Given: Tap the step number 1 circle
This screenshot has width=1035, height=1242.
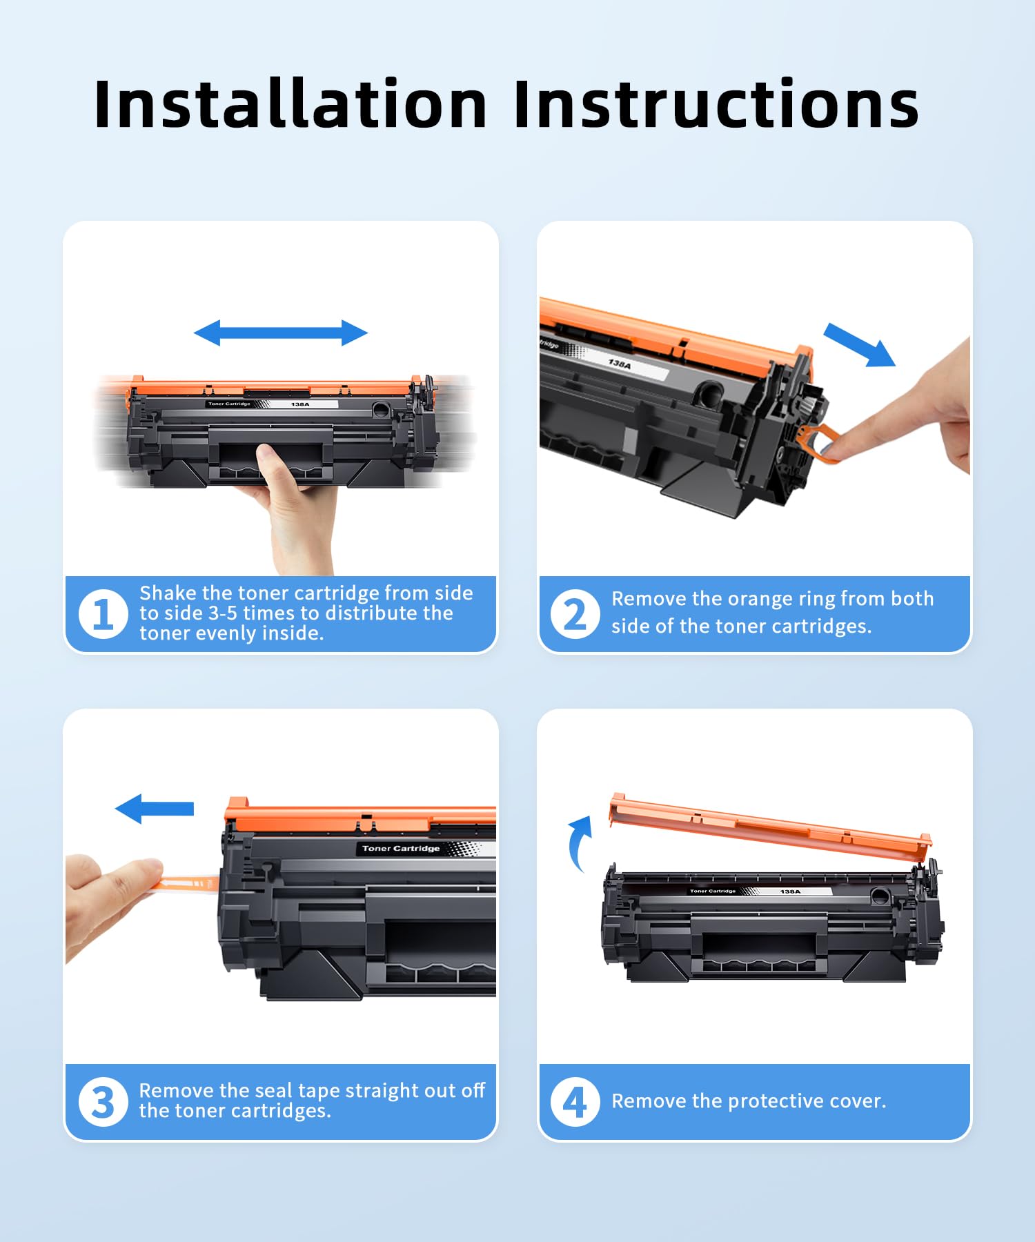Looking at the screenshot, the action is pyautogui.click(x=103, y=613).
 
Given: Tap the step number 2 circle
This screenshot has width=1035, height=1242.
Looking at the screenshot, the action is pyautogui.click(x=575, y=613).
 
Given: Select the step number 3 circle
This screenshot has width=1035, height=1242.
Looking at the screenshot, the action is pyautogui.click(x=103, y=1101).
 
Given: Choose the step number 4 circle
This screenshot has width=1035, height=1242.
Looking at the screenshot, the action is pyautogui.click(x=575, y=1101).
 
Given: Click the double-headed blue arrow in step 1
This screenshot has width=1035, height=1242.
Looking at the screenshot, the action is pyautogui.click(x=281, y=333).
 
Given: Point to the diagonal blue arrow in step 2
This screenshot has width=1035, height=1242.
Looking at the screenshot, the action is pyautogui.click(x=859, y=344).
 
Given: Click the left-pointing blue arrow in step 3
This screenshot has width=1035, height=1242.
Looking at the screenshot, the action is pyautogui.click(x=155, y=808).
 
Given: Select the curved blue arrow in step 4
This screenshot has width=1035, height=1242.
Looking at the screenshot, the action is pyautogui.click(x=577, y=843).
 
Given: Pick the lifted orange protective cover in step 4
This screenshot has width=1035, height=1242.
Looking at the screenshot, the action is pyautogui.click(x=770, y=827).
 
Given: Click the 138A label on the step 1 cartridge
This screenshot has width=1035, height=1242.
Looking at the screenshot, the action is pyautogui.click(x=300, y=404).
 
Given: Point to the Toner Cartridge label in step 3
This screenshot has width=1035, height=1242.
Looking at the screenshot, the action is pyautogui.click(x=401, y=848).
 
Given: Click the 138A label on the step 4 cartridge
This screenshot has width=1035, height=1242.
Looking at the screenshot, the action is pyautogui.click(x=790, y=891).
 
